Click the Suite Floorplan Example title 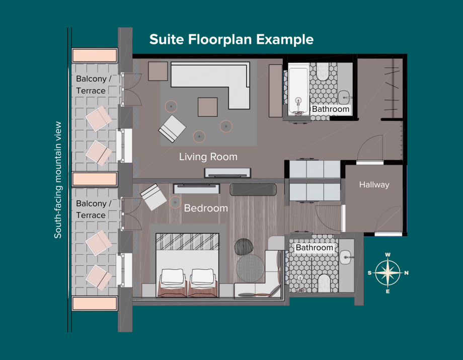[231, 39]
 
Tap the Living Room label [208, 157]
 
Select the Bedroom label [206, 208]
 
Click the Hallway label [374, 185]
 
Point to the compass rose [388, 273]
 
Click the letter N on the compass [406, 273]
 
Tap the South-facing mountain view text [57, 180]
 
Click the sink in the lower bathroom [346, 257]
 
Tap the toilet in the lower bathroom [324, 282]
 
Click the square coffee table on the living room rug [207, 107]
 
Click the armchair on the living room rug [172, 129]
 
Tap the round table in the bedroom [250, 268]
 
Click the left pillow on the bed [172, 277]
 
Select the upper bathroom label [331, 109]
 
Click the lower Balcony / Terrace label [94, 209]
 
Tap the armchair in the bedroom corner [153, 197]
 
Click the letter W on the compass [388, 255]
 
